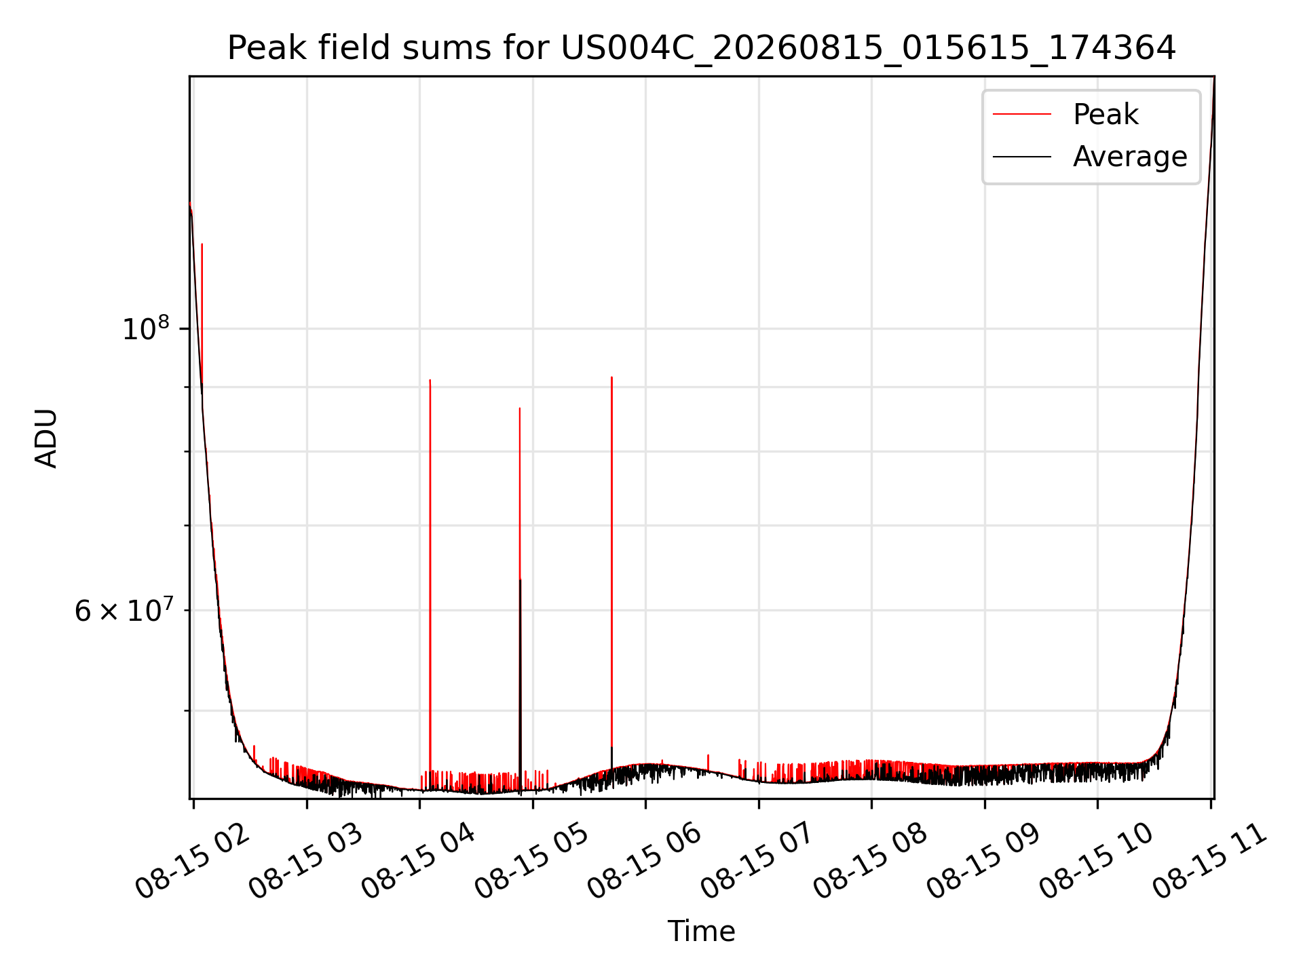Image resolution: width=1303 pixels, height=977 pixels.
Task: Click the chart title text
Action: pos(701,48)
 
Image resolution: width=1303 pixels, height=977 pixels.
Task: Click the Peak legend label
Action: pos(1106,115)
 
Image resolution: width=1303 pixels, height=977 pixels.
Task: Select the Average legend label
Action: pos(1130,157)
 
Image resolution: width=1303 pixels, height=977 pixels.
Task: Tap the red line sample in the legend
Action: pos(1022,114)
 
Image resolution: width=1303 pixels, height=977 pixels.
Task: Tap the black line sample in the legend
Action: pos(1022,157)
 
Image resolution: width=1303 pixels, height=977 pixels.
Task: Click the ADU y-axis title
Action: pos(46,438)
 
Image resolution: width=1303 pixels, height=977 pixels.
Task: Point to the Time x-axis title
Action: pos(701,931)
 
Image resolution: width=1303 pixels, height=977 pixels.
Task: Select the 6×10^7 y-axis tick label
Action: pos(124,609)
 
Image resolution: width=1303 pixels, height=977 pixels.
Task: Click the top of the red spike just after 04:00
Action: pos(430,381)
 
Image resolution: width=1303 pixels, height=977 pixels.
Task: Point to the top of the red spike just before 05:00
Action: pos(520,408)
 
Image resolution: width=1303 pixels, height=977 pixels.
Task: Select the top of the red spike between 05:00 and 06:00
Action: pos(611,377)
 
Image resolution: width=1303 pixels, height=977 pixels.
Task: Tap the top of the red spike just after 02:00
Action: pos(202,245)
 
